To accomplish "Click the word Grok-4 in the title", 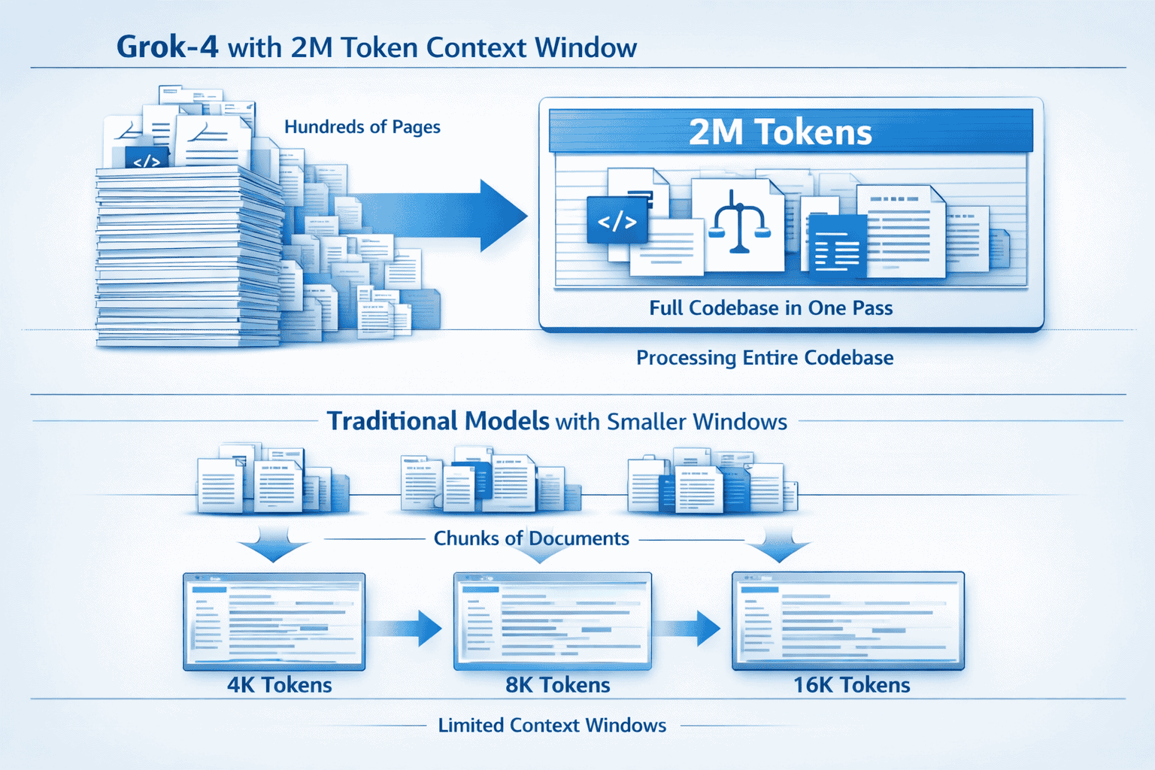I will pos(167,47).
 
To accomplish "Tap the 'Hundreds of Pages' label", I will pos(362,127).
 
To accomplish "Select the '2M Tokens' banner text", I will pos(780,132).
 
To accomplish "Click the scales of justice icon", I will pos(738,223).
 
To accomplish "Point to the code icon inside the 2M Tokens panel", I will pos(617,221).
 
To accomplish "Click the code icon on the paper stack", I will pos(146,160).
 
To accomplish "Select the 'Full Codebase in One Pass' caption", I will pos(771,308).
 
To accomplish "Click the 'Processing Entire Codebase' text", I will pos(765,358).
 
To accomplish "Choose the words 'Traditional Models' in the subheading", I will pos(438,421).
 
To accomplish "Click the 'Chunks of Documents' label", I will pos(531,538).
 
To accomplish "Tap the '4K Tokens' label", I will pos(279,685).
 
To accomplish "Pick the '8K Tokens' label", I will pos(557,685).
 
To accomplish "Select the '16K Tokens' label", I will pos(851,685).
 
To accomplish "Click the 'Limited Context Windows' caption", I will pos(552,726).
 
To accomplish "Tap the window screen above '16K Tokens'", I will pos(847,620).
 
